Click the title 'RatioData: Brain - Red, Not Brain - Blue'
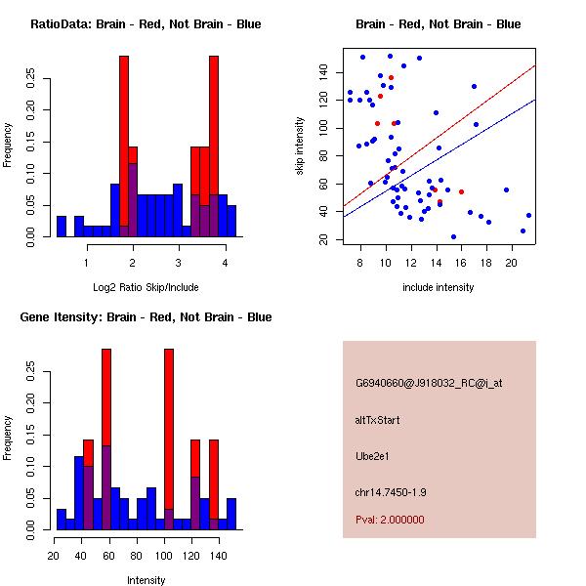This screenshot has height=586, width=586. (146, 24)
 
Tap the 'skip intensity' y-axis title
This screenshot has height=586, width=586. (300, 146)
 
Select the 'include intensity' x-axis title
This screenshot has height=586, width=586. (439, 287)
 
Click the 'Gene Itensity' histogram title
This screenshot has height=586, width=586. (146, 317)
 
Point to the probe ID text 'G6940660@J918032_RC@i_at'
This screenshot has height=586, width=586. (429, 384)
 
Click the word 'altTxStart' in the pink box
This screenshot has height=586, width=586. (378, 420)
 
